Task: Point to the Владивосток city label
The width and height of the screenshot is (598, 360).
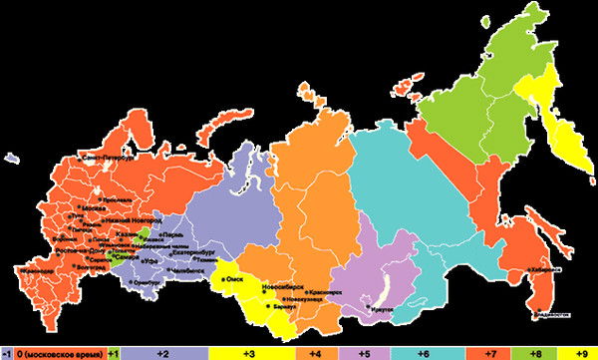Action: tap(550, 316)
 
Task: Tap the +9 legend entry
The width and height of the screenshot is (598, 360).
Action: tap(584, 353)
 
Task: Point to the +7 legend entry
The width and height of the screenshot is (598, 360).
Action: tap(491, 353)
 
